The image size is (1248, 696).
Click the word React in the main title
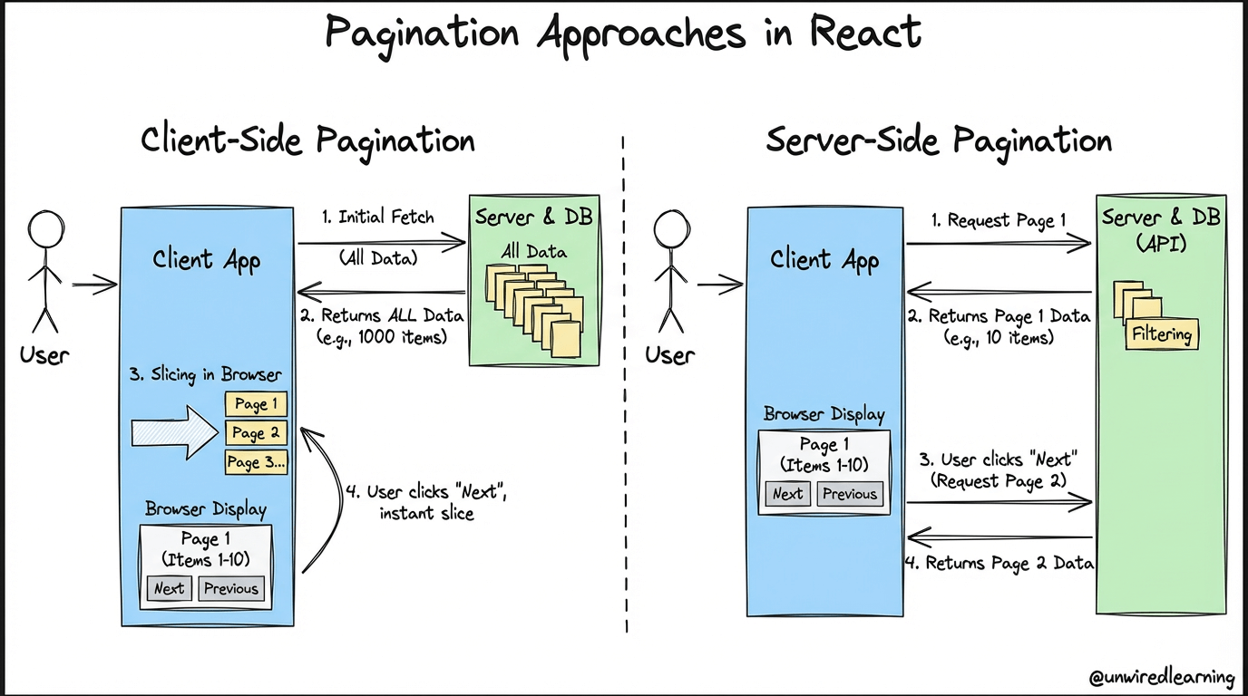click(865, 34)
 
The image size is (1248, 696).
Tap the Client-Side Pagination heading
click(307, 141)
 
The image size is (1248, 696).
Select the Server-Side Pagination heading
click(939, 141)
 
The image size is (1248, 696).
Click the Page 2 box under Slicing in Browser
click(256, 433)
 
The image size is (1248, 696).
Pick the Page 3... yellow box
click(256, 462)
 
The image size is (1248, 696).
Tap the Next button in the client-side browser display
click(169, 588)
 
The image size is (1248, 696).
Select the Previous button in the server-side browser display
click(850, 494)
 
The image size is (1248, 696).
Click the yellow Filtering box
click(1162, 334)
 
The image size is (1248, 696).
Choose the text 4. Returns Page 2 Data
click(999, 563)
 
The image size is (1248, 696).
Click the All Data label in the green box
click(534, 251)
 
